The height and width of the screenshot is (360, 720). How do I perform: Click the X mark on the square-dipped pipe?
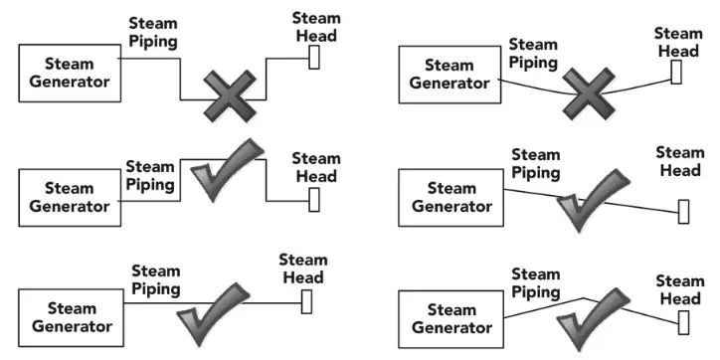click(231, 96)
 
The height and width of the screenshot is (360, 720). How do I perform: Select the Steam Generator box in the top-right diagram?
click(449, 75)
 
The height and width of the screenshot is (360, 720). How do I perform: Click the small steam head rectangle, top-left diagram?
click(314, 58)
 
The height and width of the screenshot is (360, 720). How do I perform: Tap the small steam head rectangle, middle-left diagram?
click(314, 198)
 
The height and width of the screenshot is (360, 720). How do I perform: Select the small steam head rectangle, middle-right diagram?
click(683, 212)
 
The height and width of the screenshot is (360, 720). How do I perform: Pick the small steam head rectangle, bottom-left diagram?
click(307, 301)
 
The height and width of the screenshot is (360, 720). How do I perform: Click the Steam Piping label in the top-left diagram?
click(153, 32)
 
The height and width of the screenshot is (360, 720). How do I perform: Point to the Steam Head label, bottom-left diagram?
click(303, 269)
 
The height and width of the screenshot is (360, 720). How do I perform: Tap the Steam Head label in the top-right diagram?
click(678, 43)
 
